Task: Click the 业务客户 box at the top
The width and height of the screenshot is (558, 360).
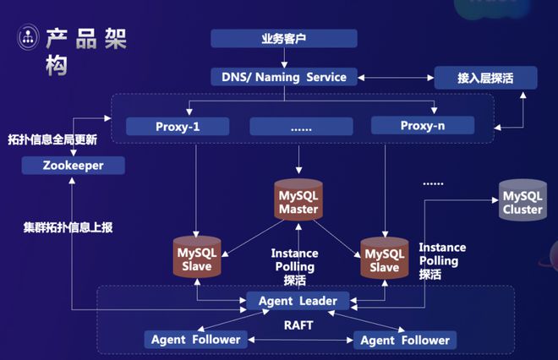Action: click(284, 39)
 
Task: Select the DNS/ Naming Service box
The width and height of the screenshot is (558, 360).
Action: click(284, 77)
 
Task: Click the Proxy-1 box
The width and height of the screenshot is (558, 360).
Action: click(178, 127)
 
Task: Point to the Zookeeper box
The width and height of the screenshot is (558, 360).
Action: click(74, 166)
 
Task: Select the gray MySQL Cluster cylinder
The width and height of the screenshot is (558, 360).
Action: click(522, 201)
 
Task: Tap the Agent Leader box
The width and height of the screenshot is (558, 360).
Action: click(297, 301)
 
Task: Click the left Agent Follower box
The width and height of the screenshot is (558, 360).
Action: click(196, 340)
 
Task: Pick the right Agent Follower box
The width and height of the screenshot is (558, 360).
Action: click(405, 340)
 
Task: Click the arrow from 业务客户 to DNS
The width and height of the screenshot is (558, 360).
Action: click(284, 57)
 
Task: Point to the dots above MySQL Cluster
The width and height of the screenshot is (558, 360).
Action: click(434, 183)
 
